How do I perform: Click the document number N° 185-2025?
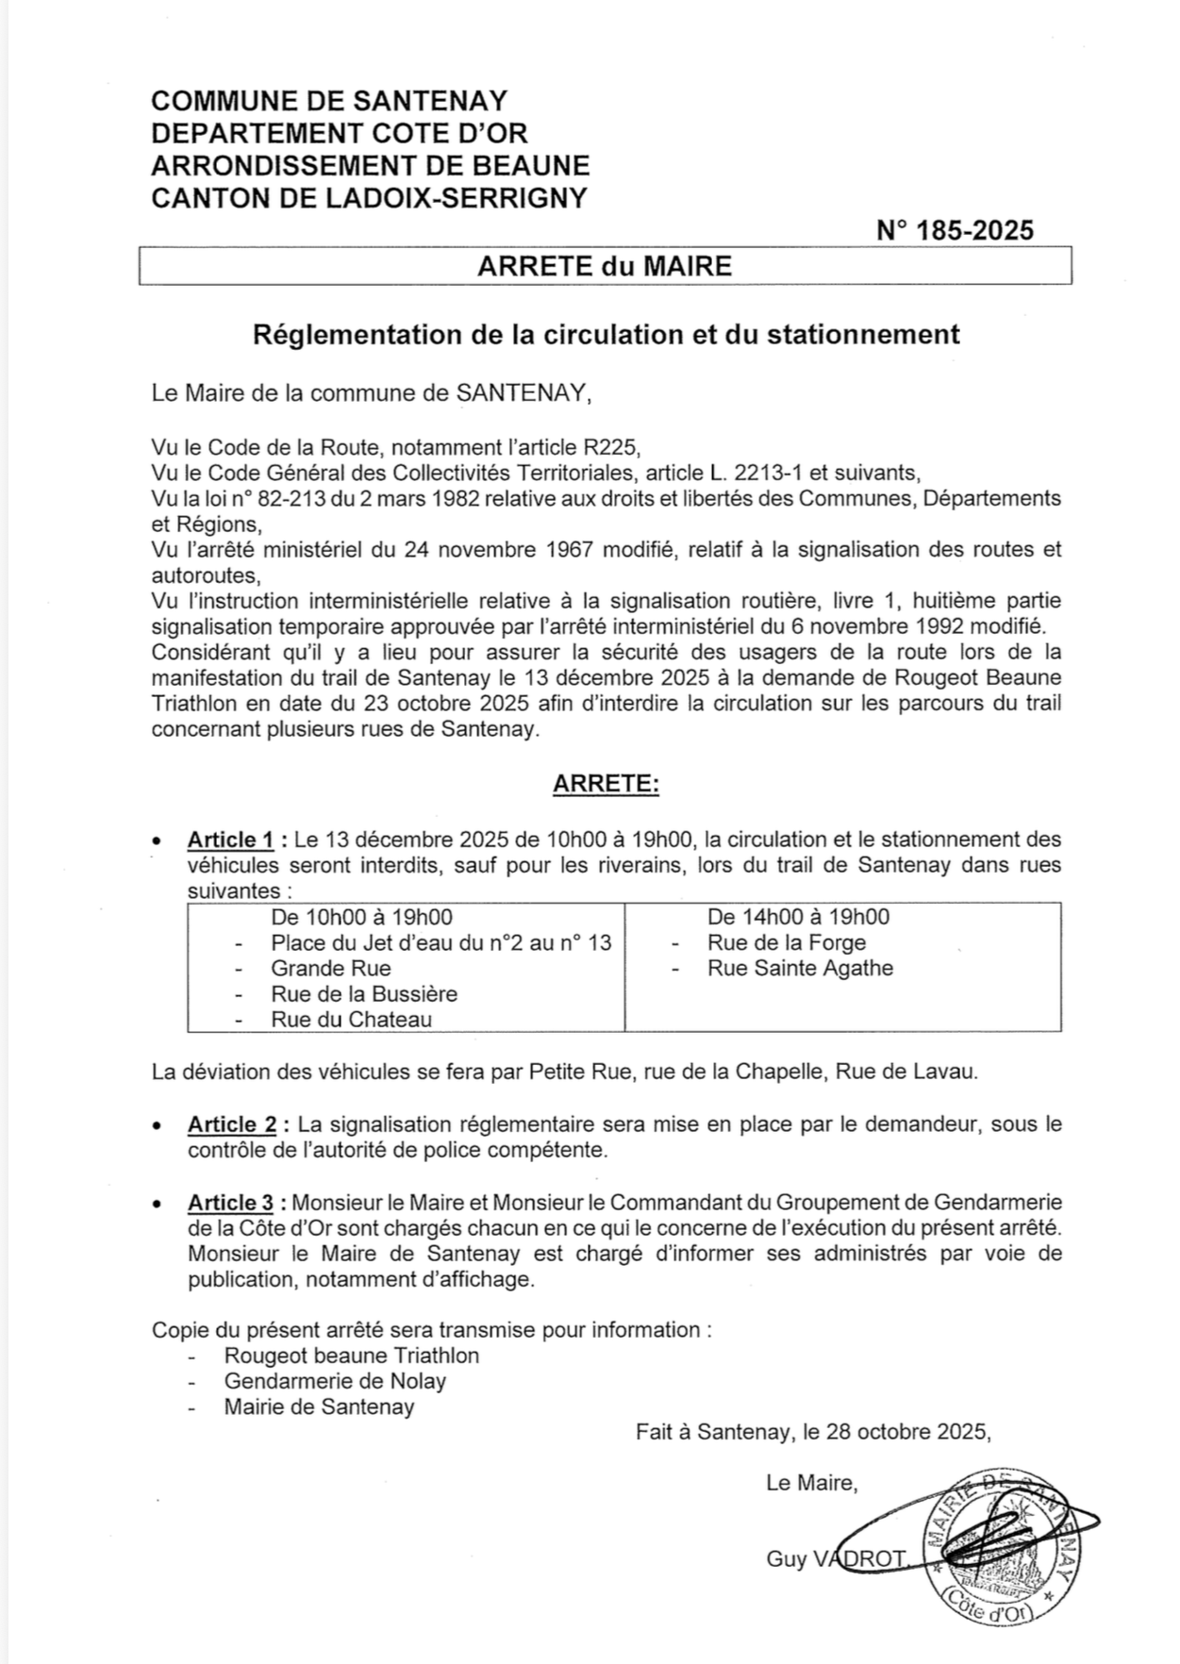pyautogui.click(x=955, y=230)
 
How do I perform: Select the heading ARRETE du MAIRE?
pyautogui.click(x=605, y=266)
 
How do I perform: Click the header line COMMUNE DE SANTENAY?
pyautogui.click(x=329, y=101)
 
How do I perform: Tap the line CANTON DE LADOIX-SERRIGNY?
pyautogui.click(x=369, y=197)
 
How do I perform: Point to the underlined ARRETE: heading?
pyautogui.click(x=606, y=784)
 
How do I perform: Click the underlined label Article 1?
pyautogui.click(x=231, y=840)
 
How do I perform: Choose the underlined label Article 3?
pyautogui.click(x=231, y=1203)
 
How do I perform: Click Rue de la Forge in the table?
pyautogui.click(x=786, y=942)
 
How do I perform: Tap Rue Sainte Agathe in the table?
pyautogui.click(x=800, y=968)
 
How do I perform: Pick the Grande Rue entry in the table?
pyautogui.click(x=330, y=968)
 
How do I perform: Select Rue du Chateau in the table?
pyautogui.click(x=351, y=1019)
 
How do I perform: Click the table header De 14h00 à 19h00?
pyautogui.click(x=798, y=917)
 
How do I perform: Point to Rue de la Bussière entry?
pyautogui.click(x=364, y=993)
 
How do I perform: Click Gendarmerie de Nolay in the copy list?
pyautogui.click(x=335, y=1381)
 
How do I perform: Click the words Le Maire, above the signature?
pyautogui.click(x=812, y=1483)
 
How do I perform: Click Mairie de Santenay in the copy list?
pyautogui.click(x=319, y=1406)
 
